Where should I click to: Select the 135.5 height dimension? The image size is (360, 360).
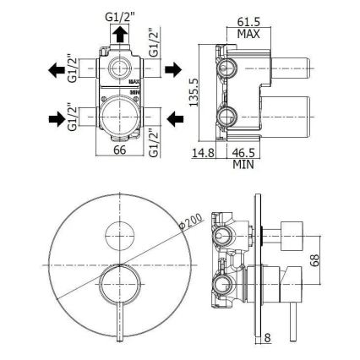(x=194, y=98)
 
